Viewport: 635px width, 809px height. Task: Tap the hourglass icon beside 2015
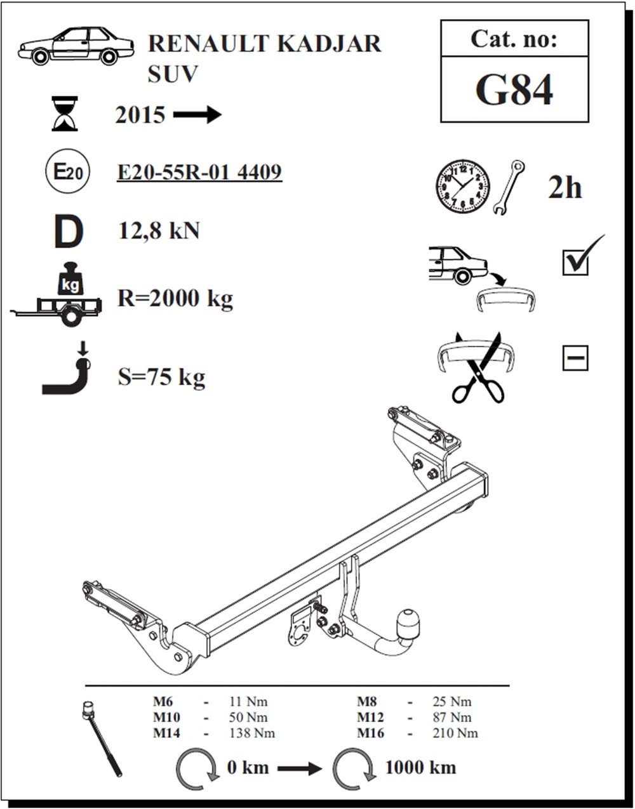tap(65, 114)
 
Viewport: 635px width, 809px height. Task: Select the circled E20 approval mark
tap(67, 171)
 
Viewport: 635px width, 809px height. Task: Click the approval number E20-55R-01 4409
tap(199, 172)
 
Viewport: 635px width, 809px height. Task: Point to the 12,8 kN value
tap(159, 230)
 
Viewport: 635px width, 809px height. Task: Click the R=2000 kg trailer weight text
tap(175, 299)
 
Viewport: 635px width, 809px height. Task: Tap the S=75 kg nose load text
tap(161, 378)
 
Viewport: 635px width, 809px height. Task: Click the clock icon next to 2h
tap(463, 187)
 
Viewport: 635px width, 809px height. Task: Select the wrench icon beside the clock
tap(508, 187)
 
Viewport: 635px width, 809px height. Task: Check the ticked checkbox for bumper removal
tap(575, 263)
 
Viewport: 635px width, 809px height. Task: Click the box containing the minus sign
tap(575, 358)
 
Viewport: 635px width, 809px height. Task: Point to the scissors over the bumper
tap(478, 367)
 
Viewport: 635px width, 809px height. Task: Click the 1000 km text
tap(420, 767)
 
